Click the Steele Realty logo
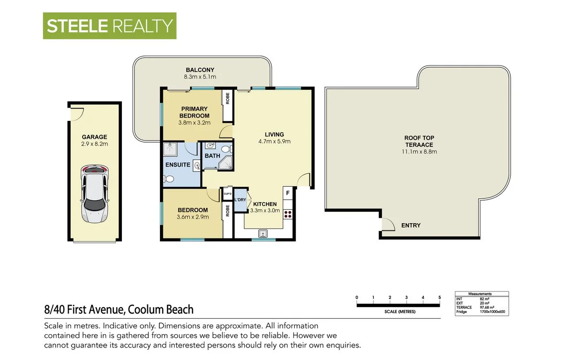(x=109, y=25)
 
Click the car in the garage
(x=95, y=194)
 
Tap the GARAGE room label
(x=94, y=137)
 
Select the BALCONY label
(x=200, y=70)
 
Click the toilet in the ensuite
(x=168, y=179)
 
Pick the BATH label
(x=212, y=156)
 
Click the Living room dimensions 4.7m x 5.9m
(x=275, y=142)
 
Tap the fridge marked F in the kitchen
(x=288, y=193)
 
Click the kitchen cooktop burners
(x=288, y=214)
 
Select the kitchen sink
(x=262, y=234)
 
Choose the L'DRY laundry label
(x=240, y=200)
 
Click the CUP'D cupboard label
(x=228, y=194)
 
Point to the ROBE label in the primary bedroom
(x=228, y=98)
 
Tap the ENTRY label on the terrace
(x=410, y=225)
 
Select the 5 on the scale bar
(x=439, y=298)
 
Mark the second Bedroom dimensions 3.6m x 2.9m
(x=192, y=217)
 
